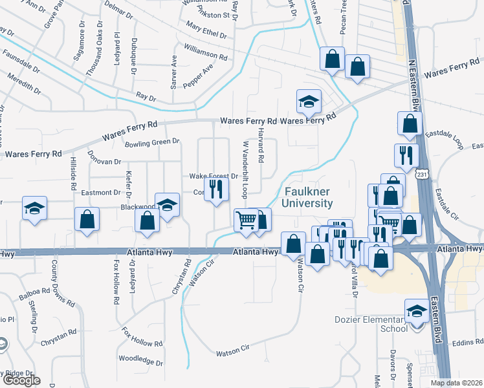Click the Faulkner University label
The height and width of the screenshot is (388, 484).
point(308,197)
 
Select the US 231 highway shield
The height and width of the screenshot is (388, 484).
point(421,175)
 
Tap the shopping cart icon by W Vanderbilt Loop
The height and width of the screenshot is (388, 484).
point(246,220)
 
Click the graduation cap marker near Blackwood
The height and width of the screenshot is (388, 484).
point(168,206)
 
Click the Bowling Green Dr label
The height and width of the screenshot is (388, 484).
point(153,144)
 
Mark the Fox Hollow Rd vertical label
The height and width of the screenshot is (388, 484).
point(116,283)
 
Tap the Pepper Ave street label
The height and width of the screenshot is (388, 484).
point(197,76)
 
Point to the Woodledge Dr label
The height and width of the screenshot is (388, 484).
point(140,359)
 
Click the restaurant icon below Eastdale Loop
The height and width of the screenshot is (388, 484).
point(406,155)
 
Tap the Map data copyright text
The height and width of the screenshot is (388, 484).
point(457,383)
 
